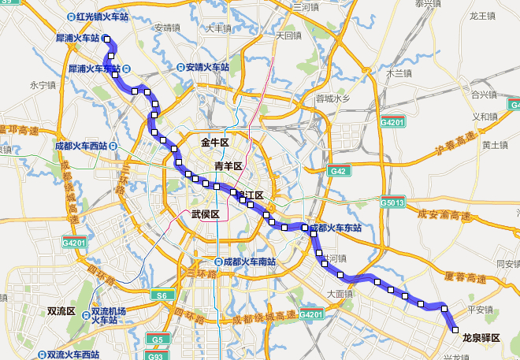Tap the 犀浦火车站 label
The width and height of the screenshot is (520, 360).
point(78,38)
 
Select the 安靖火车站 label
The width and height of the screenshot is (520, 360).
point(207,68)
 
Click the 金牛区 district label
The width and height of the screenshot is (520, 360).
point(214,143)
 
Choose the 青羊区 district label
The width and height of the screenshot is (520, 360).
point(228,165)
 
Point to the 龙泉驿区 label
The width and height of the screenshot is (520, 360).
point(481,338)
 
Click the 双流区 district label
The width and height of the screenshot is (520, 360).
point(61,311)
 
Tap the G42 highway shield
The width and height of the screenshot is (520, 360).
point(338,171)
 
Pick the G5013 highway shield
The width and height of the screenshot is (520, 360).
point(392,202)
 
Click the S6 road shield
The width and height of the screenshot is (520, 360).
point(162,295)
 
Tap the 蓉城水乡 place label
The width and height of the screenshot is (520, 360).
point(332,98)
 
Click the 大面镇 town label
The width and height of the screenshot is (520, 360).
point(337,293)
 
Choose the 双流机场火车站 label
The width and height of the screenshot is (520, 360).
point(109,315)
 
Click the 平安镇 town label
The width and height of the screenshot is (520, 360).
point(479,309)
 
